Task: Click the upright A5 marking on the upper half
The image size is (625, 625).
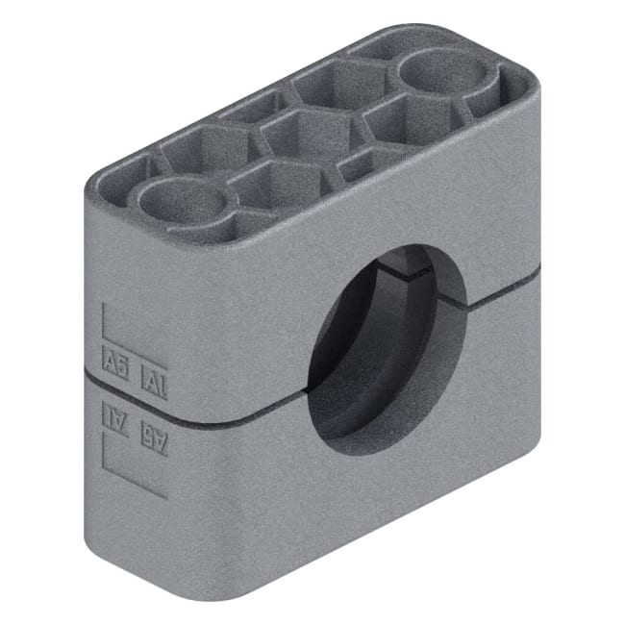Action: click(x=114, y=364)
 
